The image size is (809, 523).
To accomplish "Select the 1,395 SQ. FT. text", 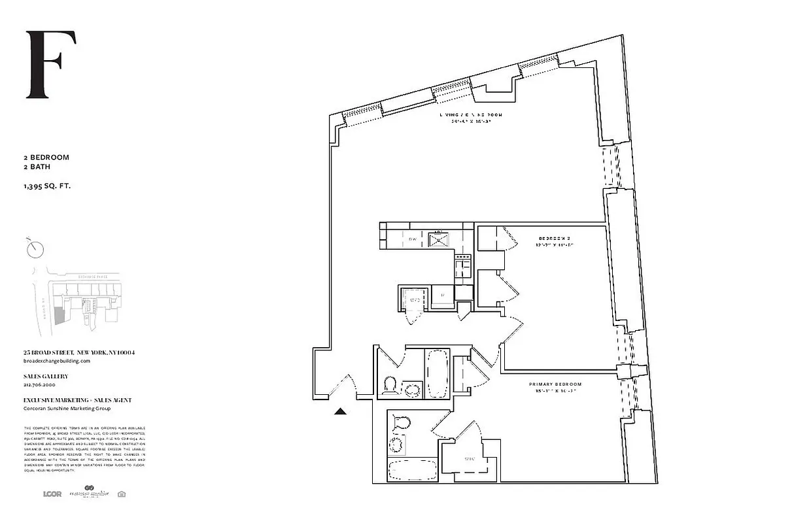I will click(46, 186).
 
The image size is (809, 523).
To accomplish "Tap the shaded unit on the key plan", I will click(60, 316).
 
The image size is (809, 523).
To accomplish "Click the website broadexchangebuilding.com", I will click(56, 361).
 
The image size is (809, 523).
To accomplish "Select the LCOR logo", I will click(52, 494).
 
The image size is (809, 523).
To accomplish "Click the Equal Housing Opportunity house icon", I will click(121, 494).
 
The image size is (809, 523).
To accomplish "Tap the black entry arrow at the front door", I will click(341, 411).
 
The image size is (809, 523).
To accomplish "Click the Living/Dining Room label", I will click(470, 116).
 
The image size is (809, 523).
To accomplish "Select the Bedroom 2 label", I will click(556, 239).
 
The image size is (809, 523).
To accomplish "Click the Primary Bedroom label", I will click(555, 384).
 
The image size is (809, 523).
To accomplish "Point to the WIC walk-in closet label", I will click(468, 459).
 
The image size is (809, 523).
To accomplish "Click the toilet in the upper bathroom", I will click(390, 385).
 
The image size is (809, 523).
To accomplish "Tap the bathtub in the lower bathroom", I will click(412, 470).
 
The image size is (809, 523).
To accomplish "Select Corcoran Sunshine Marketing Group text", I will click(67, 409).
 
